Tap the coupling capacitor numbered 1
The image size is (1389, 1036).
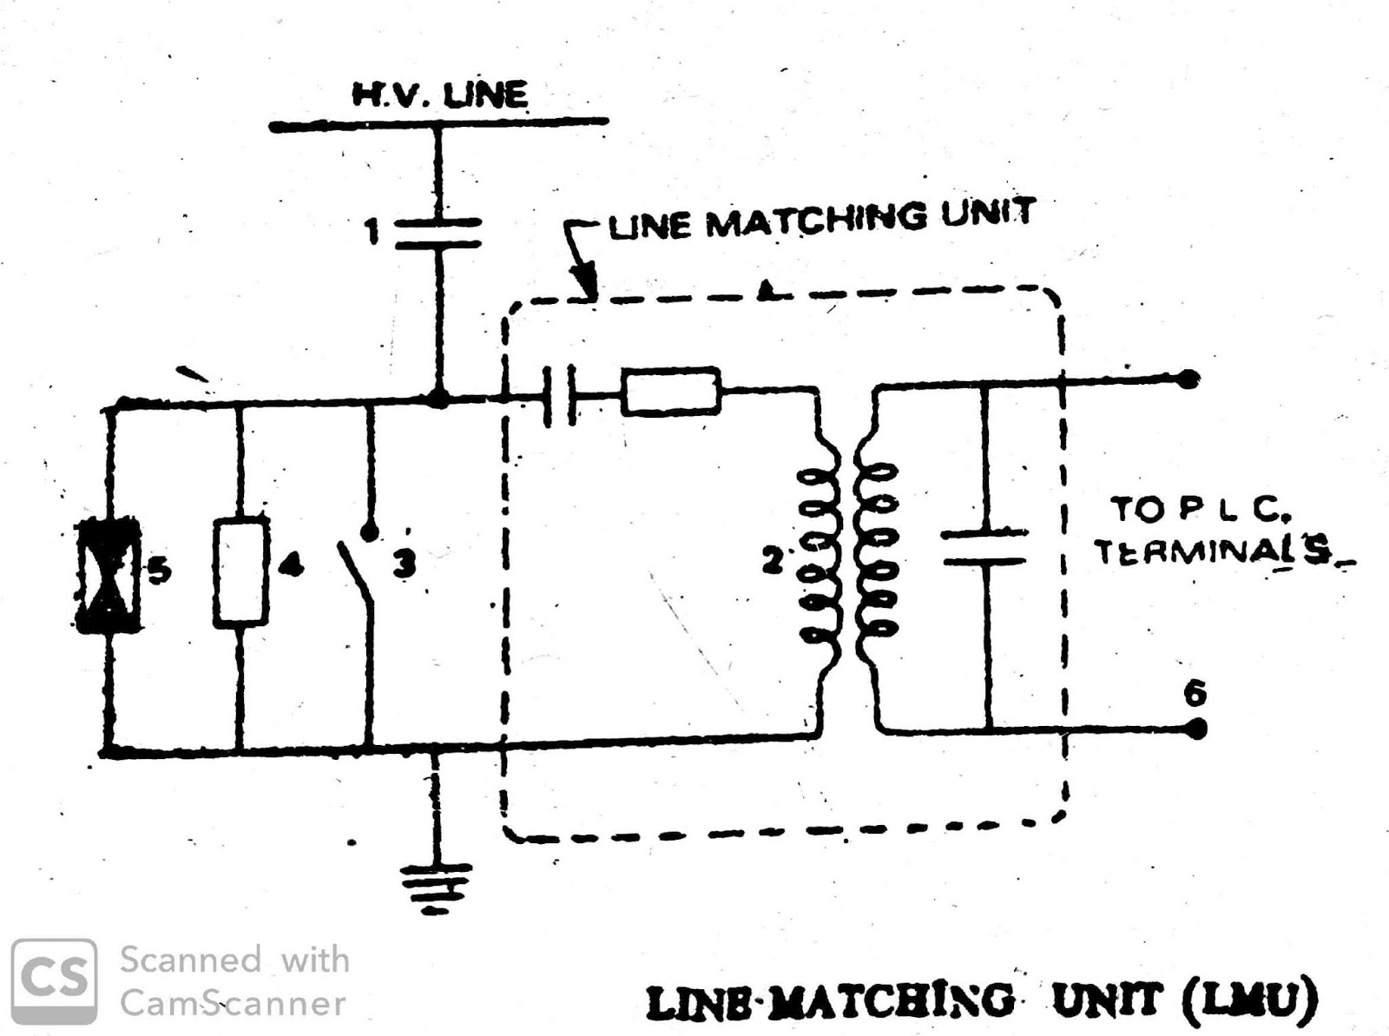pos(438,234)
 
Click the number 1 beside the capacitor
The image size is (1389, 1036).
pos(372,232)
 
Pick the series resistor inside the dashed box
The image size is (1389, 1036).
pos(671,392)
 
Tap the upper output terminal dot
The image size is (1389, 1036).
pos(1191,379)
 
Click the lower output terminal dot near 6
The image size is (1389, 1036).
pos(1196,729)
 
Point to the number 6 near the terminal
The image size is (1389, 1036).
pos(1195,693)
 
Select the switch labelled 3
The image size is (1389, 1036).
pos(361,564)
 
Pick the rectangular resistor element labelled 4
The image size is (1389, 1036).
pos(240,571)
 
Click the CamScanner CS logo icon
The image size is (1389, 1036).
pos(54,981)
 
